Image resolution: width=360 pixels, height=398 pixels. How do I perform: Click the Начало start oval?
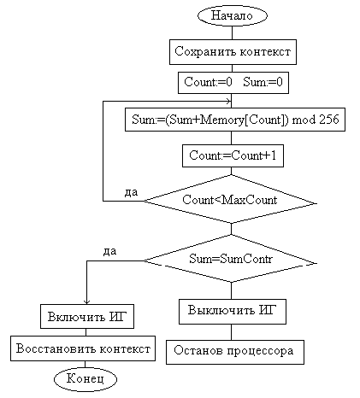coord(232,15)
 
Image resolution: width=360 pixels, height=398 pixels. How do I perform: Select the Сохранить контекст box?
coord(233,52)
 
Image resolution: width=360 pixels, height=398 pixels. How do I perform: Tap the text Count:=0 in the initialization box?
coord(208,82)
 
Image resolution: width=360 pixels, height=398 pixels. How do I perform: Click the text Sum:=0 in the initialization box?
coord(263,82)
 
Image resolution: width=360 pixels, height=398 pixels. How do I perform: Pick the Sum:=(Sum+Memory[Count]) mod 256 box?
coord(235,120)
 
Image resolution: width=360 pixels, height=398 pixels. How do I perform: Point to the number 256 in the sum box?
coord(329,120)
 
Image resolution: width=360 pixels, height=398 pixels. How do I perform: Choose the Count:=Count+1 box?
coord(233,155)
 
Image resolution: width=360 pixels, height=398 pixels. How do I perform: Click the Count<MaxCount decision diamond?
coord(230,199)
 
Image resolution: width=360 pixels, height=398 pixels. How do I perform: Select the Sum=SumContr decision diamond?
coord(230,259)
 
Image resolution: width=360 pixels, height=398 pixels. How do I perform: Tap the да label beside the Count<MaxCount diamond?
coord(131,192)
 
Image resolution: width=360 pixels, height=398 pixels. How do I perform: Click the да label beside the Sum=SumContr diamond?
coord(109,251)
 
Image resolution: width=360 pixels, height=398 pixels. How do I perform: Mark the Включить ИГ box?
coord(87,317)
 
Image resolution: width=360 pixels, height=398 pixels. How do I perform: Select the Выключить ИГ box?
coord(233,312)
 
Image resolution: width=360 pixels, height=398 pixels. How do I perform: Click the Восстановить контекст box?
coord(83,348)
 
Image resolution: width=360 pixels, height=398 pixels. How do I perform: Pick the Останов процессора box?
coord(235,352)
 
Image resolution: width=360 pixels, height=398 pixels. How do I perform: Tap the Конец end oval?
coord(86,379)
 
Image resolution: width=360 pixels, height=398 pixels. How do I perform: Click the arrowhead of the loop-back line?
coord(228,101)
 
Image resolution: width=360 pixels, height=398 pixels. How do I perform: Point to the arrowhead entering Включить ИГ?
coord(86,302)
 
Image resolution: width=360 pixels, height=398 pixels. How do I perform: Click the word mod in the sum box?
coord(304,120)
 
